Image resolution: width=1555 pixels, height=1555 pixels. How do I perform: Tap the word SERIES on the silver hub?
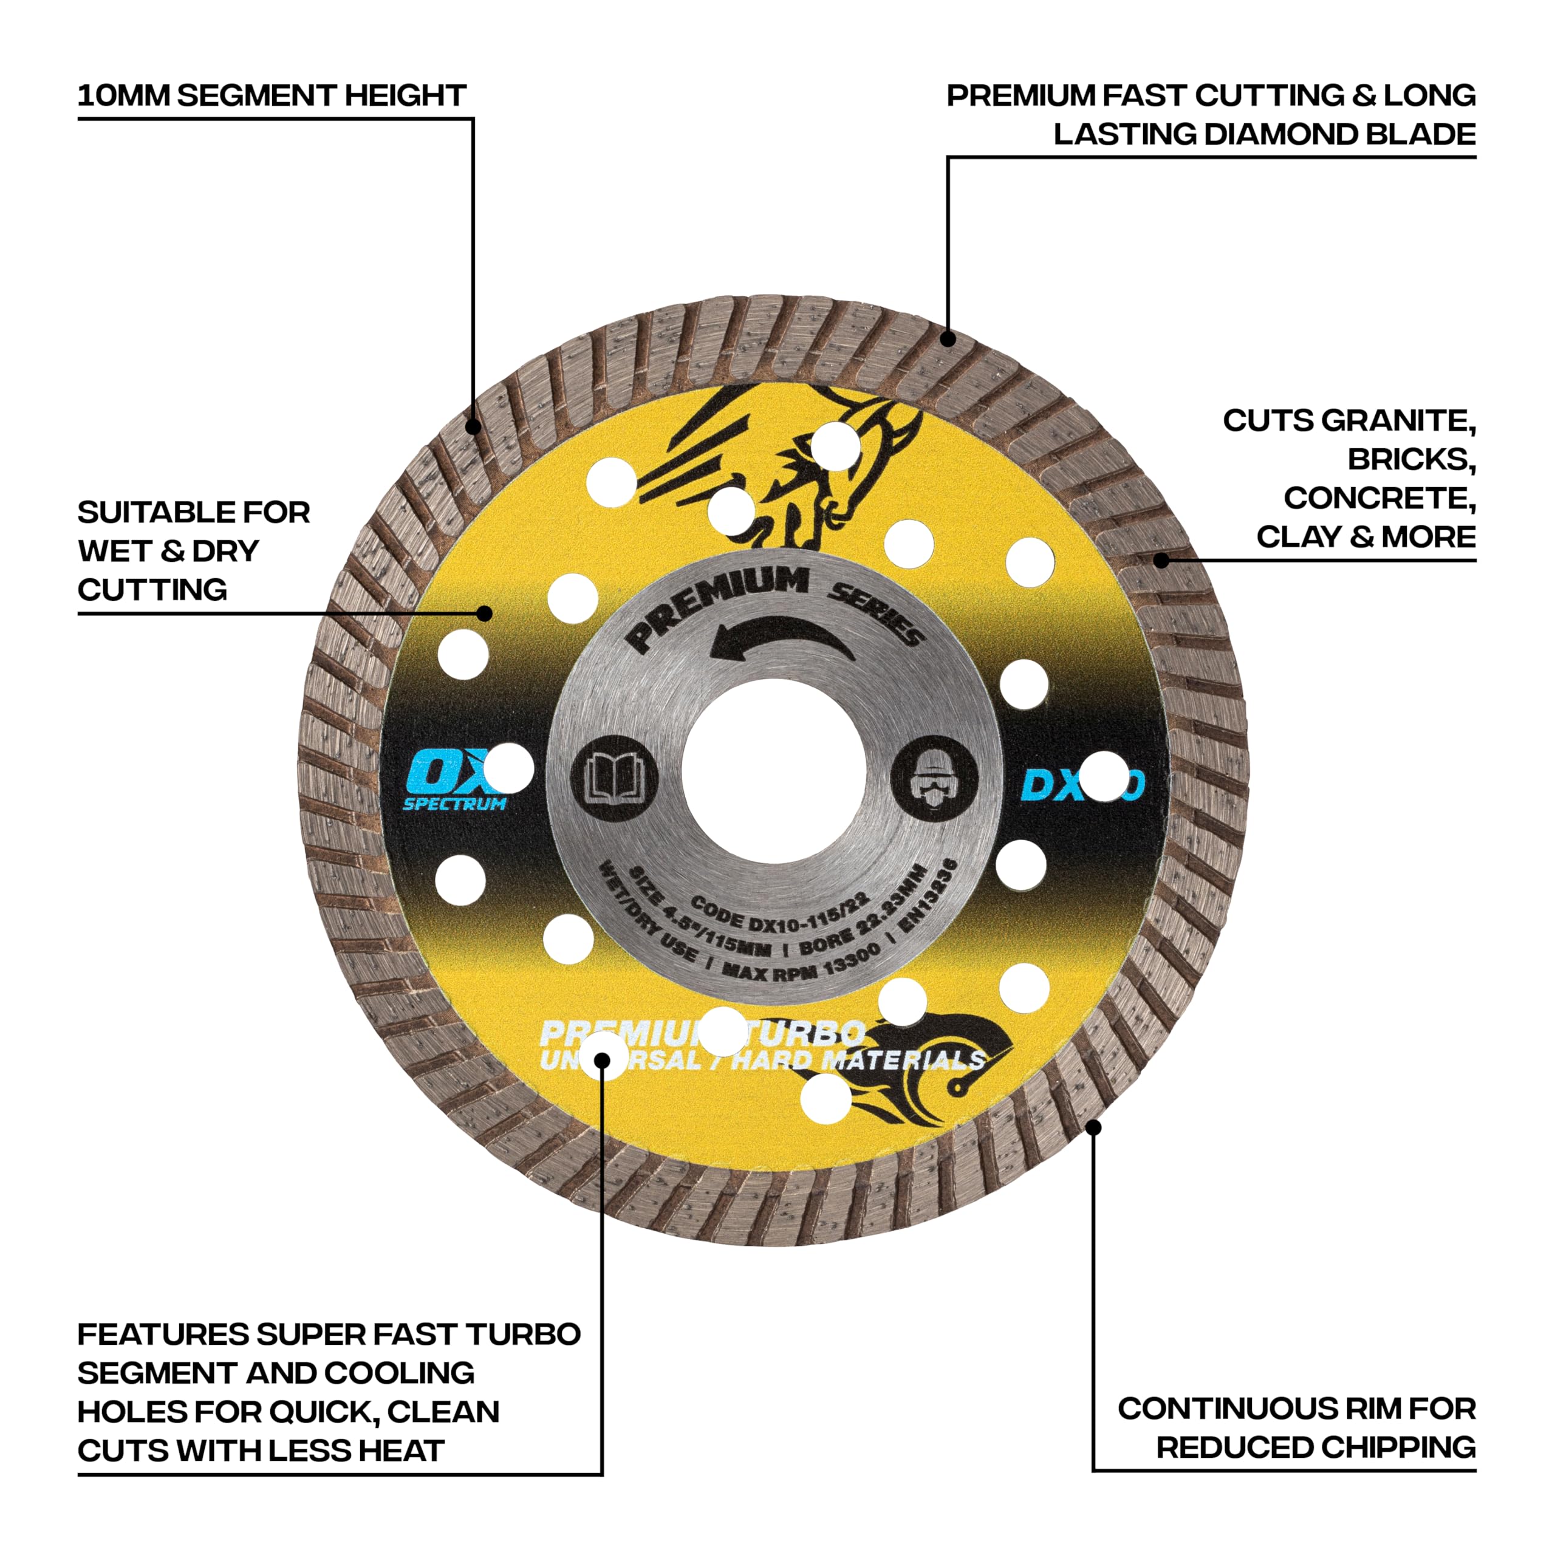[877, 615]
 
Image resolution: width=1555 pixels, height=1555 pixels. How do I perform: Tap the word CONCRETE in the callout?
[1379, 498]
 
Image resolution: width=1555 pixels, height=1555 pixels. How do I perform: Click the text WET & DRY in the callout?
[168, 552]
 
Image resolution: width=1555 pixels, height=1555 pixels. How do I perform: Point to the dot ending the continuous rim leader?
[1093, 1127]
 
